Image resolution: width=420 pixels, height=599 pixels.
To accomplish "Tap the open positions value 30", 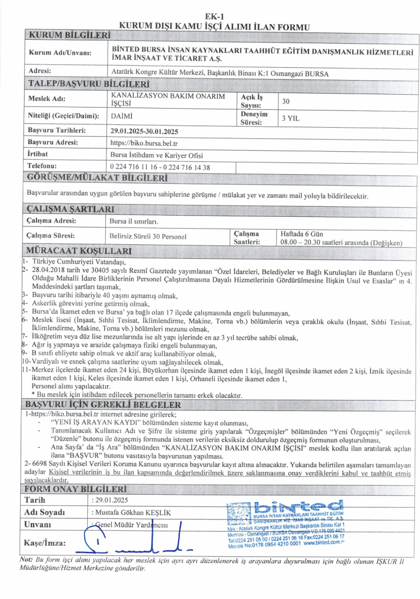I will [286, 101].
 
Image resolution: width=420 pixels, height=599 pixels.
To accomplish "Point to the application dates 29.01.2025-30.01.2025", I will [144, 131].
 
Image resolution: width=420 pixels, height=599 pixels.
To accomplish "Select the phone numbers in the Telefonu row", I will [160, 167].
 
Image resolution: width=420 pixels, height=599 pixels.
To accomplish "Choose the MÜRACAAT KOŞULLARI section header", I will [79, 250].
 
